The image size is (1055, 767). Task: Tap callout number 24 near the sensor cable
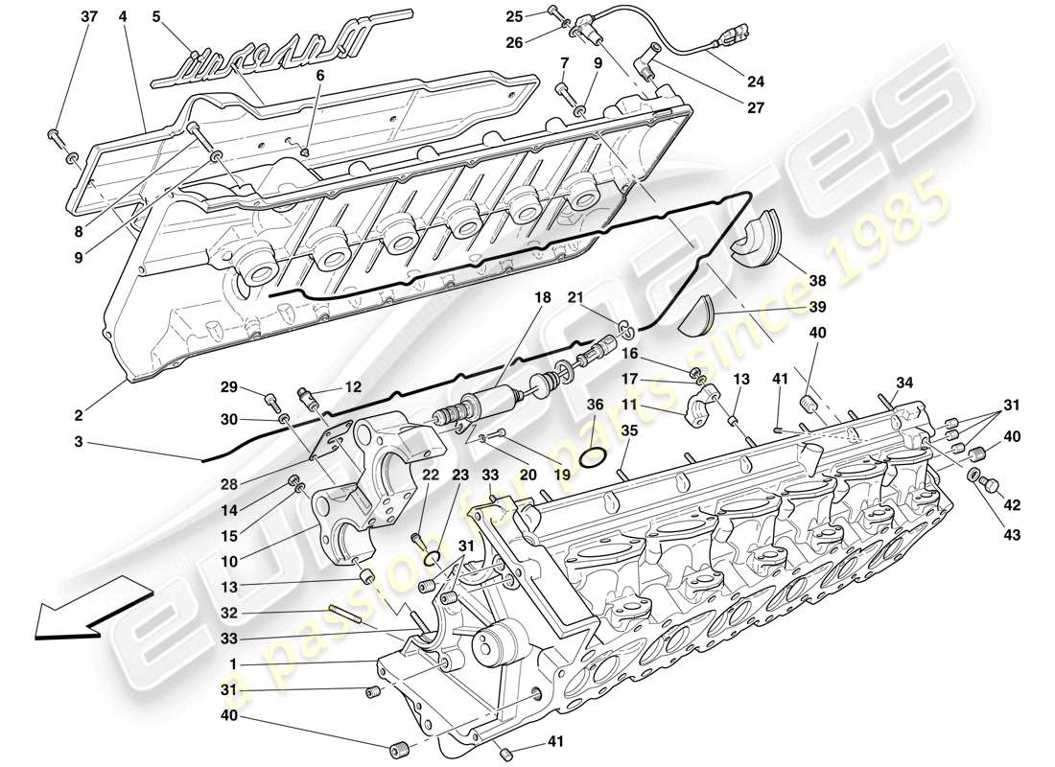(757, 81)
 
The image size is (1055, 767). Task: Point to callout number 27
(757, 107)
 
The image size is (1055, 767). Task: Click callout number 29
(228, 386)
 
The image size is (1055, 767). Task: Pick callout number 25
(514, 15)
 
